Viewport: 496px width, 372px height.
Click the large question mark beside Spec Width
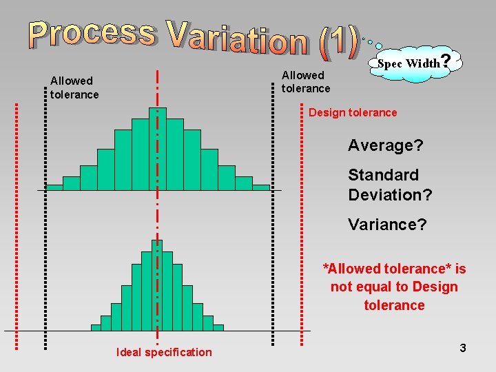click(446, 61)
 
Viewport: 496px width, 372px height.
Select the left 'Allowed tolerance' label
click(74, 87)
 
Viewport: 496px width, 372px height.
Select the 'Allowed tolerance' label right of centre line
click(306, 81)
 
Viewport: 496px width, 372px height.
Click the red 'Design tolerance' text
click(353, 112)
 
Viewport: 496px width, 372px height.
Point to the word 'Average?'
click(386, 145)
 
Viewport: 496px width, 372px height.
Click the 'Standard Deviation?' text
click(390, 185)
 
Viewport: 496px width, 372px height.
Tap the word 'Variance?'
click(387, 225)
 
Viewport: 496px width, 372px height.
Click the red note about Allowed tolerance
click(394, 287)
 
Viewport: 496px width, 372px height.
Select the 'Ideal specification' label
click(164, 352)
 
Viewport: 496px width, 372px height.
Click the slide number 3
click(463, 348)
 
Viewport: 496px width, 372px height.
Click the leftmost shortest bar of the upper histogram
click(54, 187)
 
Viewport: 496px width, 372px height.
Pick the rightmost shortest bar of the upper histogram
click(261, 187)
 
